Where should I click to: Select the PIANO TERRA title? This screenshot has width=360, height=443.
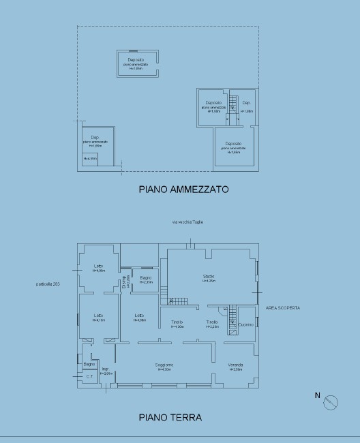click(x=170, y=416)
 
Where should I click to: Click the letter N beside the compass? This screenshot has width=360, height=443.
click(x=316, y=395)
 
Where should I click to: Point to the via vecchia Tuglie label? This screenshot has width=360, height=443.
click(x=187, y=222)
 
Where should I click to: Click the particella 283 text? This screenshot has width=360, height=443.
click(x=48, y=284)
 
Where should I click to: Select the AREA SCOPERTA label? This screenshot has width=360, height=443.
click(x=282, y=307)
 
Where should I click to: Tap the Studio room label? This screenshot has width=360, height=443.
click(x=209, y=275)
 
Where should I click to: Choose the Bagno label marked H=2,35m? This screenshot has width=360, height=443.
click(x=145, y=279)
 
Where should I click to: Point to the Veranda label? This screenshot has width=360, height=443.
click(x=235, y=366)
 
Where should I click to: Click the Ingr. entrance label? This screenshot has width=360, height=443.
click(x=106, y=370)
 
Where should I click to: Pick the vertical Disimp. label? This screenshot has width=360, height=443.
click(x=124, y=281)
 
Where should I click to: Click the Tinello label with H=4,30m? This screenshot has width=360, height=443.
click(x=177, y=324)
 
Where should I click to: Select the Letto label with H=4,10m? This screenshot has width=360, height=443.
click(x=99, y=318)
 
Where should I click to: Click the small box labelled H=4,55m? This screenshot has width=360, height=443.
click(x=90, y=159)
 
